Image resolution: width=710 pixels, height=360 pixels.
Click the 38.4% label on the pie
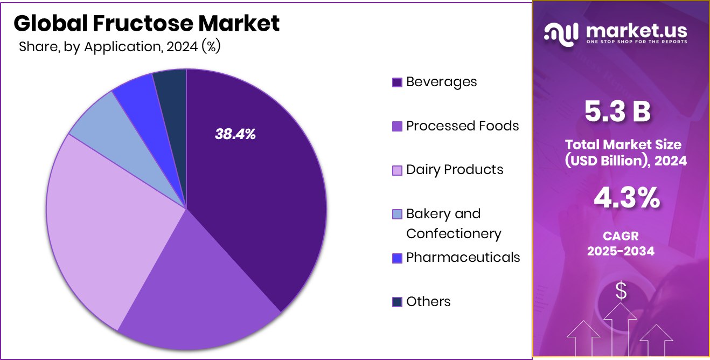[x=235, y=135]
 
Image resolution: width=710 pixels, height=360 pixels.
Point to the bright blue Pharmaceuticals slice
[x=135, y=94]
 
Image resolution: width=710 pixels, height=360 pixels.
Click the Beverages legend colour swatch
[x=397, y=82]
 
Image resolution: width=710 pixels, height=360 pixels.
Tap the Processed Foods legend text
[x=462, y=126]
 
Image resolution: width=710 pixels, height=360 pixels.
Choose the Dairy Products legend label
[x=455, y=170]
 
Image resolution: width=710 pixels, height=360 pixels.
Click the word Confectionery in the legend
[x=454, y=234]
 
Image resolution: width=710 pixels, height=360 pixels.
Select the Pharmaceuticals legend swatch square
[x=397, y=258]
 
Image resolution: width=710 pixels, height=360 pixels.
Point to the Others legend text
[x=428, y=302]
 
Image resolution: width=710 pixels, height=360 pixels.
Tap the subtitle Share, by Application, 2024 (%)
[x=120, y=47]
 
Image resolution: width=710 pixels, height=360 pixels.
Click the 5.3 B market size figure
[x=618, y=112]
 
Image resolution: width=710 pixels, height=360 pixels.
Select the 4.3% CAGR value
[x=627, y=198]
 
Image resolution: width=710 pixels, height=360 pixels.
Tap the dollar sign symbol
[x=621, y=292]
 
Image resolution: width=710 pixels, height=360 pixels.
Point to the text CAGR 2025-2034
[x=621, y=244]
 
